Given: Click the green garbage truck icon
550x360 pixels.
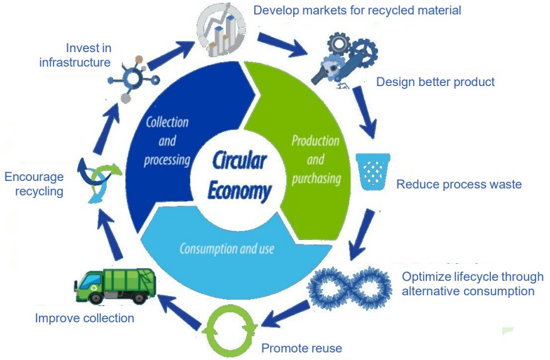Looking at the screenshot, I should coord(114,286).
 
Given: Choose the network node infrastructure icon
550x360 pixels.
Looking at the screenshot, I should coord(134,79).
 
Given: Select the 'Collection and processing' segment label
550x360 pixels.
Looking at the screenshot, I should coord(166,141).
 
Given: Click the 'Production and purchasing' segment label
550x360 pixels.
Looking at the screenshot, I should coord(315,160).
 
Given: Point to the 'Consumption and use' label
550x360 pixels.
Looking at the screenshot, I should coord(227,249).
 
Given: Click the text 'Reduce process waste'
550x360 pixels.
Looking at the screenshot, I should coord(459,185).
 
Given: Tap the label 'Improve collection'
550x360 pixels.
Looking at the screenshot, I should coord(84,318).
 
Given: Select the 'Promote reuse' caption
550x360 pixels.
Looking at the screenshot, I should coord(301,348).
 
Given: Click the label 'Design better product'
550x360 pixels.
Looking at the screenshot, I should coord(435,82).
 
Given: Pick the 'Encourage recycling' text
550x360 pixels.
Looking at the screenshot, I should coord(34,184).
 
